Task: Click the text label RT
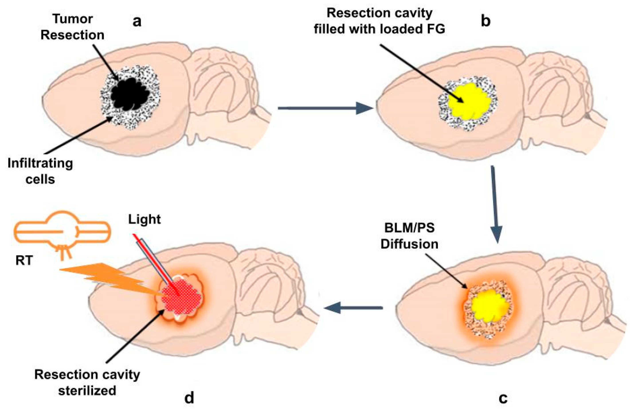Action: (x=24, y=261)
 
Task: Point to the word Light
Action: (x=144, y=219)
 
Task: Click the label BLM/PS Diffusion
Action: (x=409, y=236)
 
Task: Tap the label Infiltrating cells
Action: (x=40, y=171)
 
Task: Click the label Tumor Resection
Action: (x=72, y=27)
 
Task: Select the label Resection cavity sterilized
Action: (x=87, y=382)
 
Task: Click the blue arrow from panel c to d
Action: (x=353, y=308)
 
